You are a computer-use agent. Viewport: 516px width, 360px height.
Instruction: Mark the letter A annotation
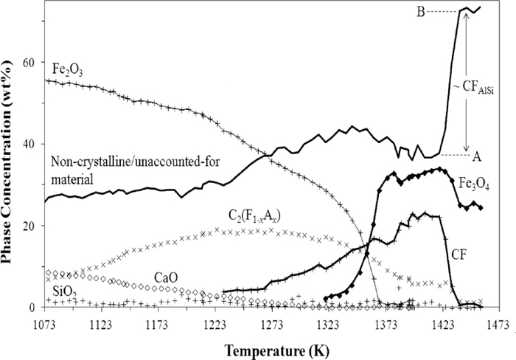coord(477,156)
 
